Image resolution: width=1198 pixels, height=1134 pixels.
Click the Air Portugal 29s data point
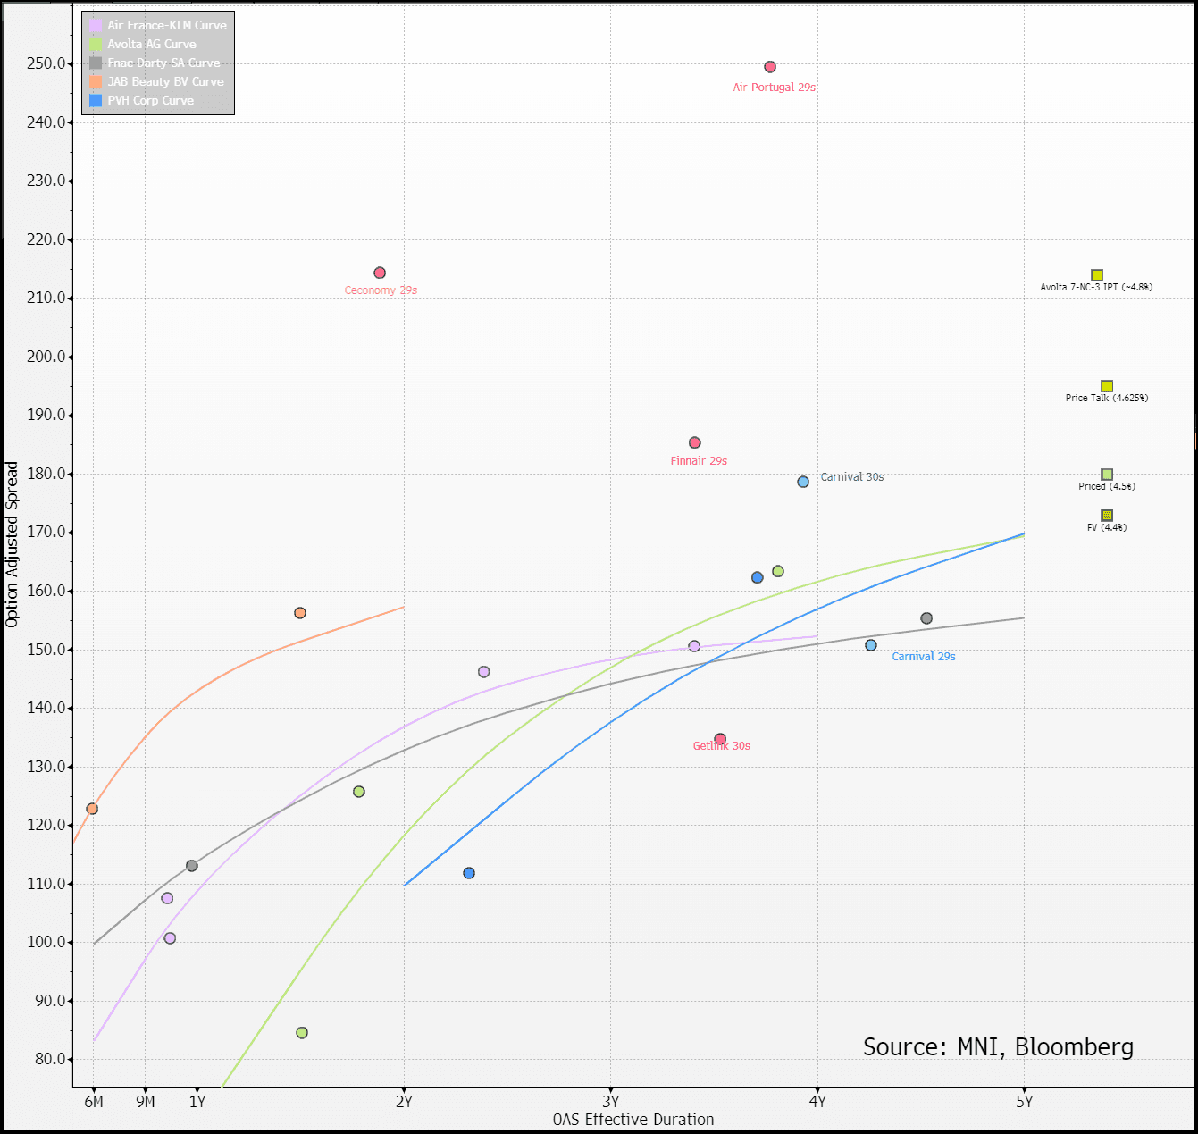[x=770, y=67]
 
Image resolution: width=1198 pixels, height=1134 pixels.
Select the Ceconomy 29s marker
[x=380, y=273]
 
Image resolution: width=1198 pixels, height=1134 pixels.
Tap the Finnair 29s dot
[x=695, y=442]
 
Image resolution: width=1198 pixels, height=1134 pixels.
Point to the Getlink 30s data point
[x=720, y=739]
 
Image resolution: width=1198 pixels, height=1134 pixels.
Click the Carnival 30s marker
[x=803, y=482]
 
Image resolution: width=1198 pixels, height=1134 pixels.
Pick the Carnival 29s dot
[x=871, y=645]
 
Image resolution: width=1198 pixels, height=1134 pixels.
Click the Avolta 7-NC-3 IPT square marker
[x=1097, y=275]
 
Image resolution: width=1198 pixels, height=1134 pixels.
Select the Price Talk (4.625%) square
[x=1107, y=386]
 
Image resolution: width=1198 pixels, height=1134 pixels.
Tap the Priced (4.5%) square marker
[x=1107, y=475]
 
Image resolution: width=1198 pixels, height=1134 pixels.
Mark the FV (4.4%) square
[x=1107, y=516]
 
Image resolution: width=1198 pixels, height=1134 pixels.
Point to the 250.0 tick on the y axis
[x=47, y=63]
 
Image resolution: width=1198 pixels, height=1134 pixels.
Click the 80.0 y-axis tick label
[x=50, y=1059]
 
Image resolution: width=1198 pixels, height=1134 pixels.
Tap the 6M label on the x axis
[x=94, y=1102]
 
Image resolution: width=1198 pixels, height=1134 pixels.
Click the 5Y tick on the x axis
[x=1024, y=1102]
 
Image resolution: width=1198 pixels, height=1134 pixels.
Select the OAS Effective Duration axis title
[x=633, y=1120]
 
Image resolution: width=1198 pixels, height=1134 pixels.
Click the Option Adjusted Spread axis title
[x=12, y=544]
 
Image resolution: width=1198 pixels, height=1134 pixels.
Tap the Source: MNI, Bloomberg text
[x=998, y=1046]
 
